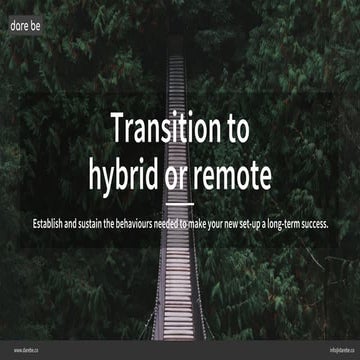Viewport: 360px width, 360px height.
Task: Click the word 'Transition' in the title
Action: pos(163,129)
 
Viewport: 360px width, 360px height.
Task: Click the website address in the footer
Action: pos(26,350)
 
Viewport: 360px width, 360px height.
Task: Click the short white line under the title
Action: pos(180,203)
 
